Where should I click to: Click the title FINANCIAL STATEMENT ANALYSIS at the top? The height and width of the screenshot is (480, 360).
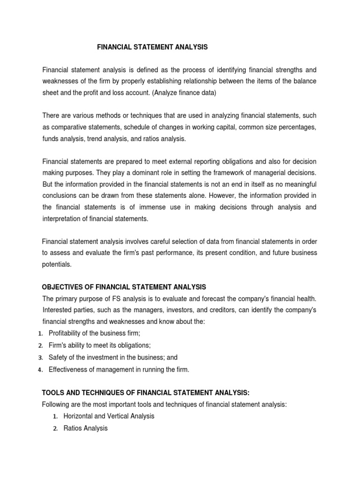click(x=152, y=47)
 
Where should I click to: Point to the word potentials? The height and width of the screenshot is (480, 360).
click(x=57, y=264)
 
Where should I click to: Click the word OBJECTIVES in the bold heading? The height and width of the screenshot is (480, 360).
click(x=62, y=287)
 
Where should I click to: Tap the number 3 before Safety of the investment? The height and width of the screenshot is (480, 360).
click(x=40, y=358)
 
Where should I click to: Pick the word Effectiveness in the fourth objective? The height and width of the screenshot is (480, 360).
click(x=67, y=369)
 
